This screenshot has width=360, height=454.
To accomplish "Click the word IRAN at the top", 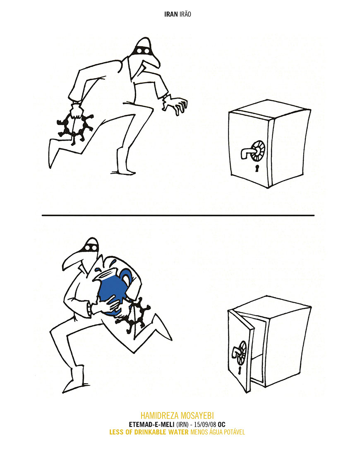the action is [171, 14].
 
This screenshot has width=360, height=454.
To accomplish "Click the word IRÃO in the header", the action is [185, 14].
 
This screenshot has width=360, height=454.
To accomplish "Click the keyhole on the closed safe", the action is [257, 168].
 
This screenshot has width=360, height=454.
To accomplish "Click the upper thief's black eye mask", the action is [142, 51].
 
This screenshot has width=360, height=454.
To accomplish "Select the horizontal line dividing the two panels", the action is [178, 215].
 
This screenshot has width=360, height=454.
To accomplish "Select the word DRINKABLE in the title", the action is [150, 432].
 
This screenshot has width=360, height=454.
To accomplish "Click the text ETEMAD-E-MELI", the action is [151, 425].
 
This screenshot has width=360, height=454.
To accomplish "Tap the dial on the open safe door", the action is [241, 353].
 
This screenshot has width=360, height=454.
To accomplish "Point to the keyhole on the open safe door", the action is [240, 370].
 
